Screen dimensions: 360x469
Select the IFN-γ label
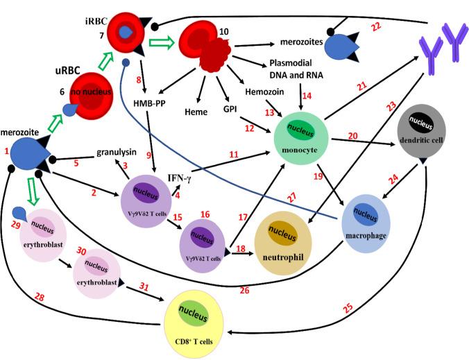pos(182,178)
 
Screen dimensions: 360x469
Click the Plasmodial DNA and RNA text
pos(299,69)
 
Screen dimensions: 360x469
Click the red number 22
pos(396,26)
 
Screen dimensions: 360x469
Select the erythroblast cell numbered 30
pos(96,274)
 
